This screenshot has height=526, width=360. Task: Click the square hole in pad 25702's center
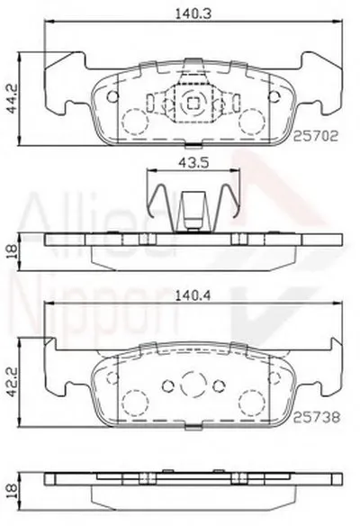click(189, 102)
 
